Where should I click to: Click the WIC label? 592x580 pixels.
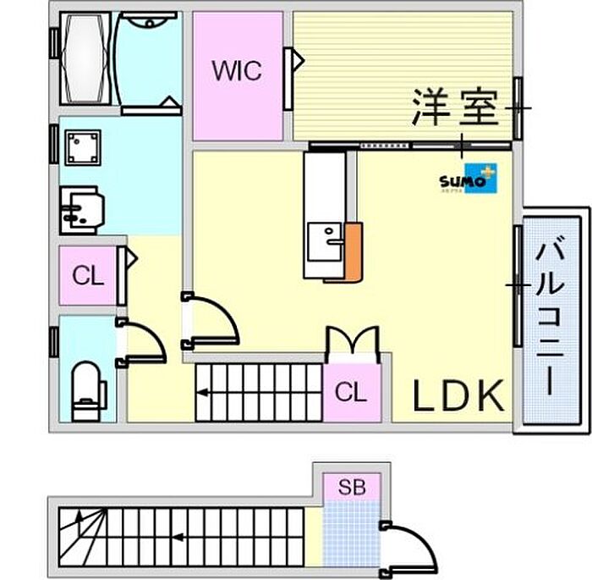tap(237, 71)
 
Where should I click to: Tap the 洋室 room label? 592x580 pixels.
tap(456, 108)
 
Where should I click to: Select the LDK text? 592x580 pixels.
tap(458, 394)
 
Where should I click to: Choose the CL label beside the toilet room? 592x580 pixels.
tap(88, 275)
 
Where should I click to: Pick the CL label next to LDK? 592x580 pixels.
tap(350, 392)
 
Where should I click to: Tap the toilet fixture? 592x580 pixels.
tap(88, 389)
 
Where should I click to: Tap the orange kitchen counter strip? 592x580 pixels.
tap(354, 251)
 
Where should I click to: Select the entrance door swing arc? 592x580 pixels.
tap(413, 545)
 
